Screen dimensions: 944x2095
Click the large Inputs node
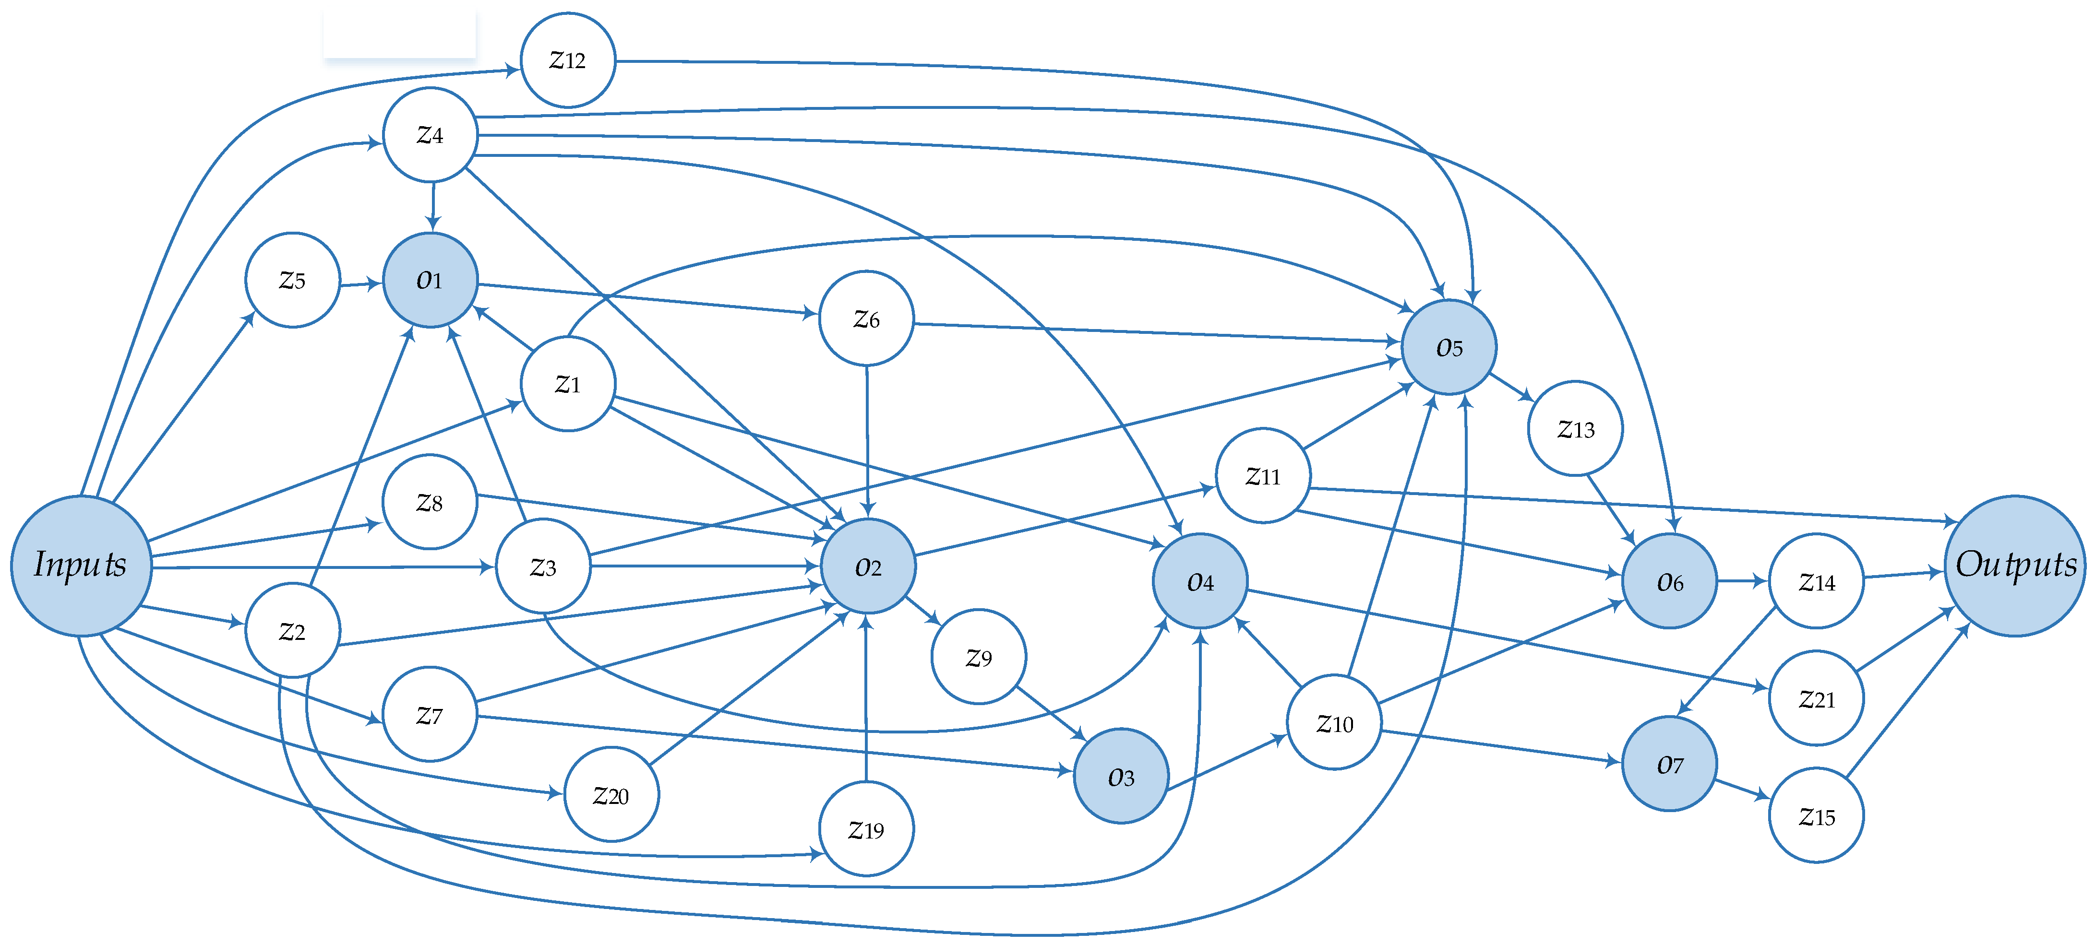click(81, 565)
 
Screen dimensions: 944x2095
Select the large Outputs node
click(2014, 565)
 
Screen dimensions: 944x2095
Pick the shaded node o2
click(868, 566)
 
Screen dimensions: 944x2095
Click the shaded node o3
click(1121, 777)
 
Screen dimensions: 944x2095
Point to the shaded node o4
click(1199, 581)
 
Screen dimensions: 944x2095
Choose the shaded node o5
click(1449, 347)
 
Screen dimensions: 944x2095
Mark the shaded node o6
click(1669, 581)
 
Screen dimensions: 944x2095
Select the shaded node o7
click(1669, 764)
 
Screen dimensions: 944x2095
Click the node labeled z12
click(568, 60)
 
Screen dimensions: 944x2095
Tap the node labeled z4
click(430, 134)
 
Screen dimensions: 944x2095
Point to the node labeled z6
click(866, 319)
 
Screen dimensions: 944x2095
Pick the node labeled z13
click(1575, 428)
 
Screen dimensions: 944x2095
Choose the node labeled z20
click(611, 794)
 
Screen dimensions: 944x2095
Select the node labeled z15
click(1816, 815)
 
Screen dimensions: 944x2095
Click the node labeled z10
click(1334, 722)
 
